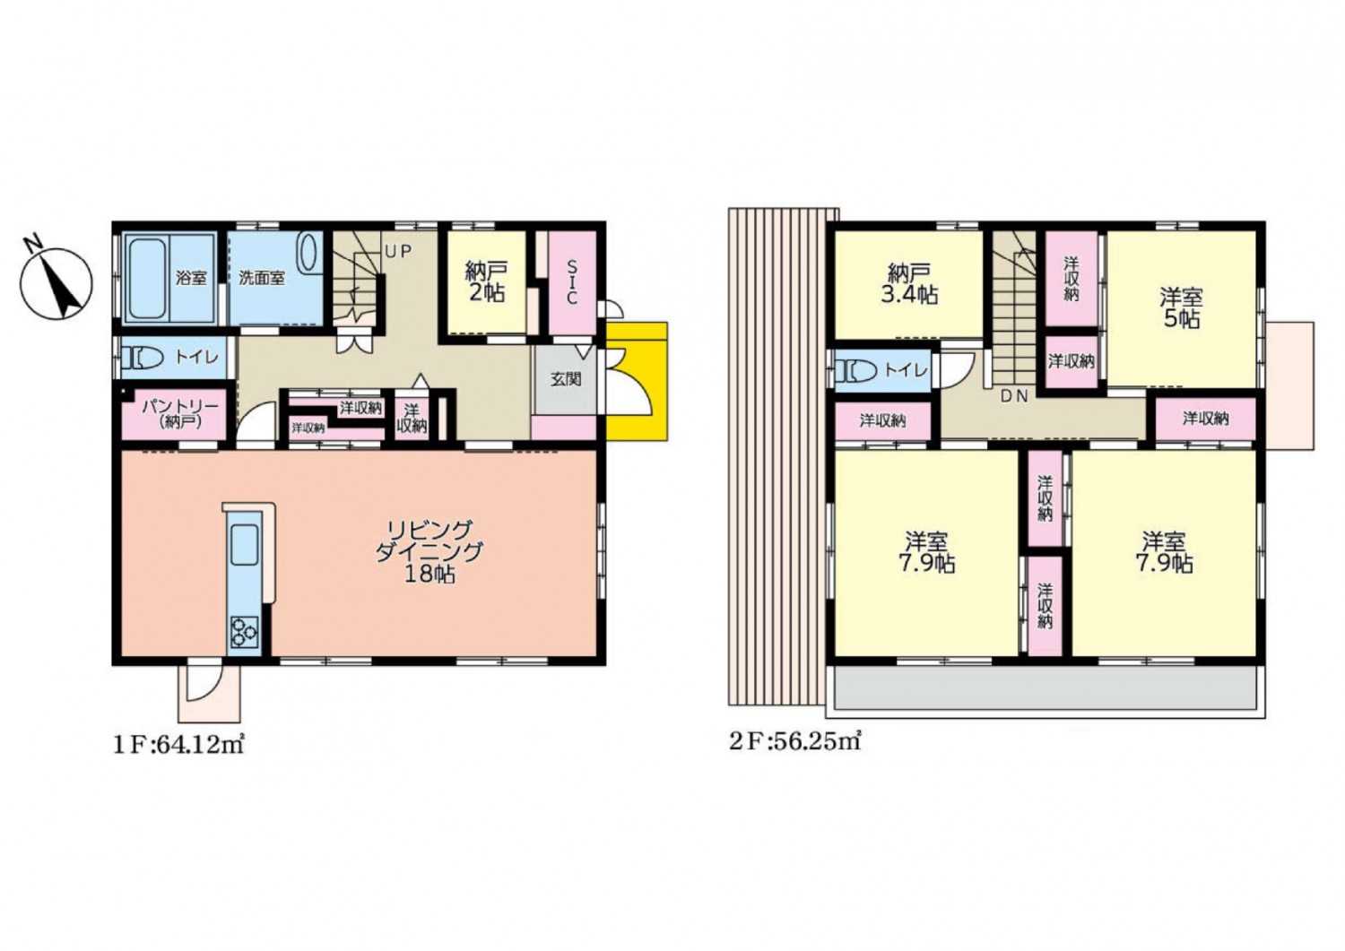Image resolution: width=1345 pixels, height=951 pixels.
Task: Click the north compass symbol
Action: [56, 283]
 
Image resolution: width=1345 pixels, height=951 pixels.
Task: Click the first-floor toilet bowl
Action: [143, 359]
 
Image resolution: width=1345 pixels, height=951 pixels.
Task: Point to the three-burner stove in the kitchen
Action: [244, 633]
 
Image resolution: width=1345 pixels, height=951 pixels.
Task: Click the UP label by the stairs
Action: [398, 252]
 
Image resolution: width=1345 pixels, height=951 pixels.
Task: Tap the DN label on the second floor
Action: [1014, 396]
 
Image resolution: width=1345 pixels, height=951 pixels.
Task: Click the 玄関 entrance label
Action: [565, 379]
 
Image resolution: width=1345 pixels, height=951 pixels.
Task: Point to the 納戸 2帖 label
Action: [486, 282]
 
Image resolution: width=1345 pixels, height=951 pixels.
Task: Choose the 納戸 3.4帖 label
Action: [910, 284]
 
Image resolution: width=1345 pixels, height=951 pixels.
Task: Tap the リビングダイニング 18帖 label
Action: [429, 552]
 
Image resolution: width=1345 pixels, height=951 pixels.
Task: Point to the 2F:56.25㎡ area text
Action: [795, 743]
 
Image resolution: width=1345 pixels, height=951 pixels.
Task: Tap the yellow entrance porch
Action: [637, 381]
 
